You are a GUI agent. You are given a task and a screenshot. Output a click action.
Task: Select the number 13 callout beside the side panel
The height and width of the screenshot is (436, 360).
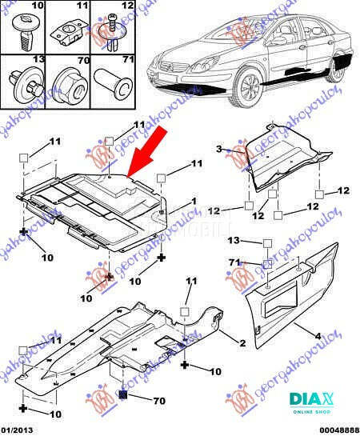coord(234,240)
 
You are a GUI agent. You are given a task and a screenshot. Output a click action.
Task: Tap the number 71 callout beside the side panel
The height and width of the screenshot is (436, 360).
coord(234,262)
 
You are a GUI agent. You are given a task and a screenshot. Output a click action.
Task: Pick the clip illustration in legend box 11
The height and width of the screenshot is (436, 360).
coord(66,34)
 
